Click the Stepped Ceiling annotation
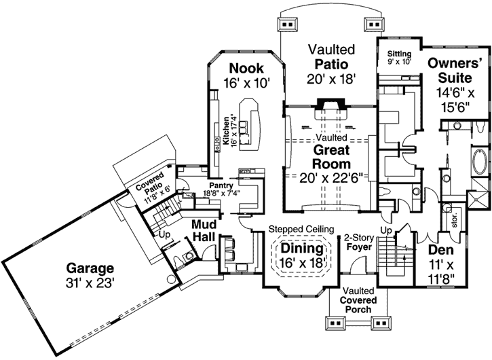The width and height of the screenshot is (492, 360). coord(300,230)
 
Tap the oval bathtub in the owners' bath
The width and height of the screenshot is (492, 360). coord(478,164)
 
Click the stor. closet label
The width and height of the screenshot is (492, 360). coord(454,220)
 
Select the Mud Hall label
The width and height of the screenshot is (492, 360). coord(204,231)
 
